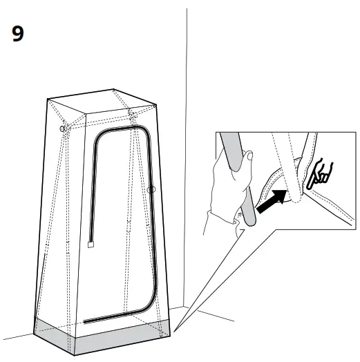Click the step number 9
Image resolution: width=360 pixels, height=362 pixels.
tap(20, 35)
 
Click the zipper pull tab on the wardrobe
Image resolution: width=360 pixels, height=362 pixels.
tap(91, 243)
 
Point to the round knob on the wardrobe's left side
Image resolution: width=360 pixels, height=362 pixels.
tap(64, 128)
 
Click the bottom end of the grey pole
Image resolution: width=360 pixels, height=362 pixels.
tap(251, 220)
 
